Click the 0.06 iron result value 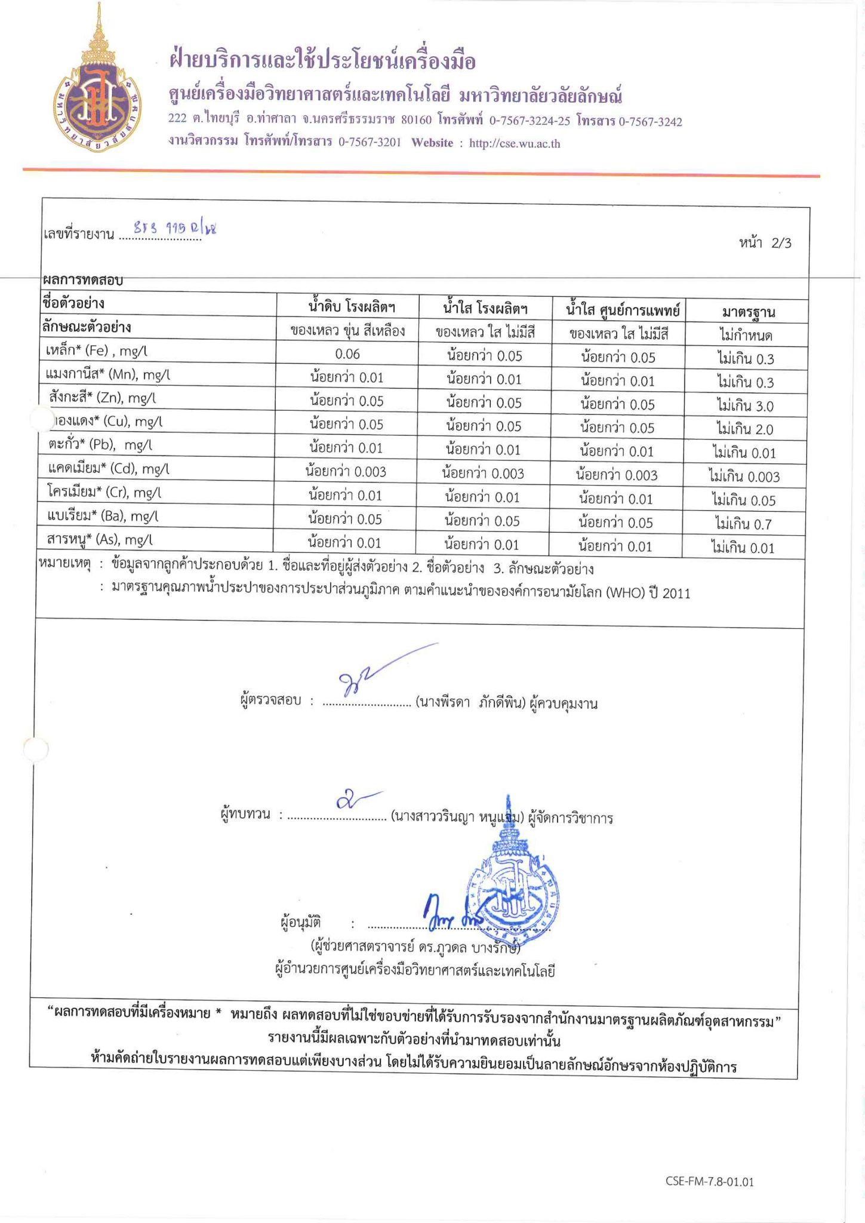click(x=347, y=354)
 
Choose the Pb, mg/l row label click(x=100, y=445)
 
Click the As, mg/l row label click(x=99, y=540)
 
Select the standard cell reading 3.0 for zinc click(x=744, y=406)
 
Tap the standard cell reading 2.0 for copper click(x=744, y=429)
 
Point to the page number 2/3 click(x=781, y=243)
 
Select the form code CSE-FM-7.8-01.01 click(x=709, y=1182)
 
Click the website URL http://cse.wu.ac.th click(x=515, y=143)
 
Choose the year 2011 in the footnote click(x=676, y=594)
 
